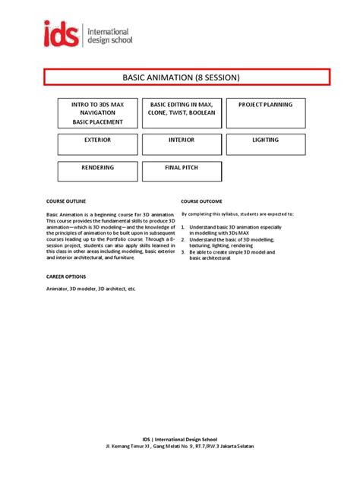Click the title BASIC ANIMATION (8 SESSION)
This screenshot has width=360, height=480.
coord(186,77)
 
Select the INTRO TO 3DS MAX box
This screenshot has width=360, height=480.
coord(98,112)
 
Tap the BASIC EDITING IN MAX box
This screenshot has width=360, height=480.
coord(182,112)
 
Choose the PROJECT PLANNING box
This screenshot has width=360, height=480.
coord(265,112)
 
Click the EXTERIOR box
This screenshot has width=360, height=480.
coord(98,144)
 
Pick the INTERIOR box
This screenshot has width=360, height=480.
coord(182,144)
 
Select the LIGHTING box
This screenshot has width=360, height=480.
coord(265,144)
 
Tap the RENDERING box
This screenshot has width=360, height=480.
coord(98,171)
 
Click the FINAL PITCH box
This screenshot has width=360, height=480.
coord(182,171)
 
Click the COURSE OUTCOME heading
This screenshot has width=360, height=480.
coord(202,201)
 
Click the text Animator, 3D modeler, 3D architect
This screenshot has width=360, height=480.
coord(90,289)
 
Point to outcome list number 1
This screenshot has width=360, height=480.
coord(183,226)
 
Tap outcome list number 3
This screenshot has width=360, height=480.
coord(183,251)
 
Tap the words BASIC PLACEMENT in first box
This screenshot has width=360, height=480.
coord(97,122)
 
